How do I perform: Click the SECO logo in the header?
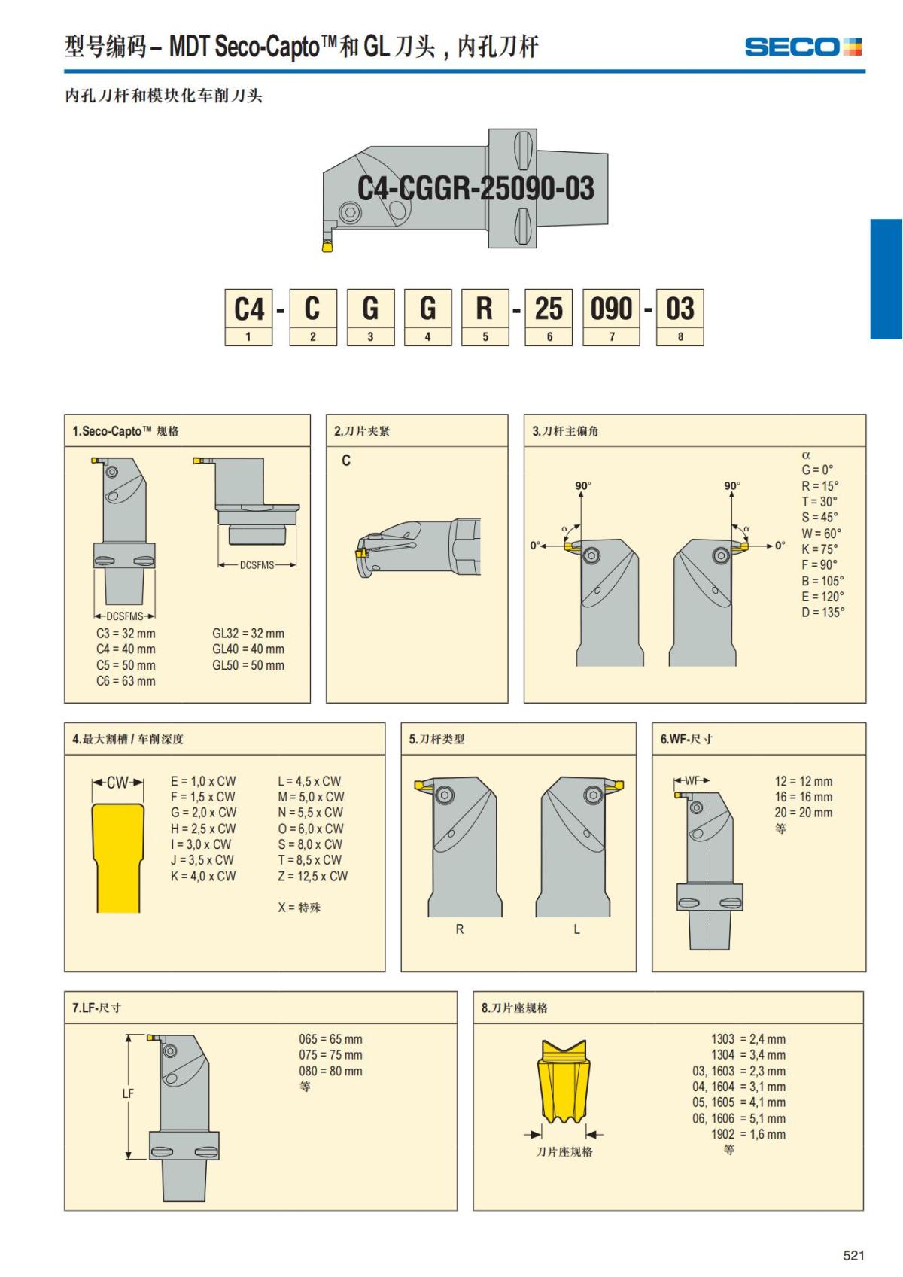pyautogui.click(x=803, y=47)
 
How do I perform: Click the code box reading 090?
pyautogui.click(x=611, y=317)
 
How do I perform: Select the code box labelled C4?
pyautogui.click(x=248, y=317)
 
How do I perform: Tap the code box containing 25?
pyautogui.click(x=549, y=317)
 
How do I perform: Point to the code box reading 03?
pyautogui.click(x=680, y=317)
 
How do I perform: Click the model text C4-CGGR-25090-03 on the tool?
pyautogui.click(x=476, y=188)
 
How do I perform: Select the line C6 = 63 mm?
pyautogui.click(x=126, y=681)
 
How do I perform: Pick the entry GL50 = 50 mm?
pyautogui.click(x=248, y=664)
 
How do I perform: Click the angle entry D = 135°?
pyautogui.click(x=822, y=613)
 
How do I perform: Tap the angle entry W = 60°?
pyautogui.click(x=821, y=533)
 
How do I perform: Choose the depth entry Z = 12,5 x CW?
pyautogui.click(x=312, y=876)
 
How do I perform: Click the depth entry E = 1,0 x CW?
pyautogui.click(x=203, y=781)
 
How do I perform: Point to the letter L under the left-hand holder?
pyautogui.click(x=576, y=929)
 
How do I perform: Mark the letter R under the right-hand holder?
pyautogui.click(x=460, y=929)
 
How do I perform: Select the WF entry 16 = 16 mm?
pyautogui.click(x=803, y=796)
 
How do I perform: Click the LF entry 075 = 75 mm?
pyautogui.click(x=330, y=1055)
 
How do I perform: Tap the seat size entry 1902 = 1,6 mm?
pyautogui.click(x=748, y=1134)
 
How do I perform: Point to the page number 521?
pyautogui.click(x=853, y=1254)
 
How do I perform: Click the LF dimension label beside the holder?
pyautogui.click(x=128, y=1093)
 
